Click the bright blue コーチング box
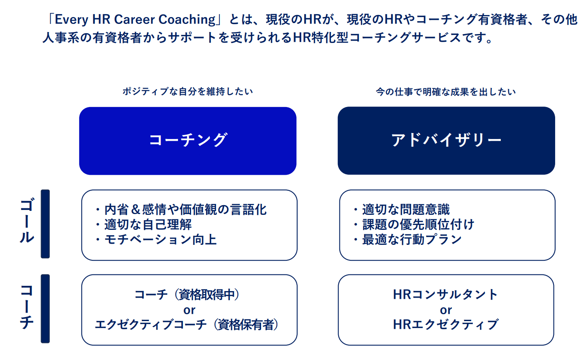click(x=188, y=141)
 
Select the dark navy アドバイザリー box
click(x=446, y=141)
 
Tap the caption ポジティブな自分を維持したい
click(x=188, y=92)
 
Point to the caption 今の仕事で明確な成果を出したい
click(x=446, y=92)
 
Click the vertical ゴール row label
click(x=27, y=221)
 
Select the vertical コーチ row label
click(x=27, y=307)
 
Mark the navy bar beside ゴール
click(x=45, y=224)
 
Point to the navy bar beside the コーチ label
click(x=45, y=309)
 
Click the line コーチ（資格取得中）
click(x=187, y=294)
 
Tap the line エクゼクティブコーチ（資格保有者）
click(x=187, y=325)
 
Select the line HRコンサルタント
click(x=446, y=294)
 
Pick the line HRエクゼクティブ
click(x=446, y=325)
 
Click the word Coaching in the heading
click(x=187, y=20)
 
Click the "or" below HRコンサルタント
click(x=446, y=310)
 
